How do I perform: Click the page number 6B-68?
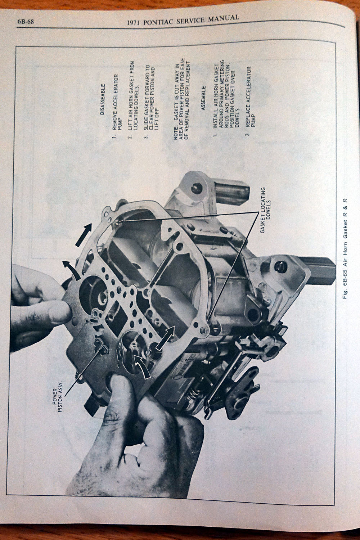[x=26, y=22]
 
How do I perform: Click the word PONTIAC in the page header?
[x=158, y=22]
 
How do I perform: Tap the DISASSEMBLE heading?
[x=103, y=99]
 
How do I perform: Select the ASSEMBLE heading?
[x=203, y=98]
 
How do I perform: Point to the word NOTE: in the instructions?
[x=176, y=132]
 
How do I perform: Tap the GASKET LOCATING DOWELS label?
[x=265, y=210]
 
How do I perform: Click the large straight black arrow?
[x=84, y=235]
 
